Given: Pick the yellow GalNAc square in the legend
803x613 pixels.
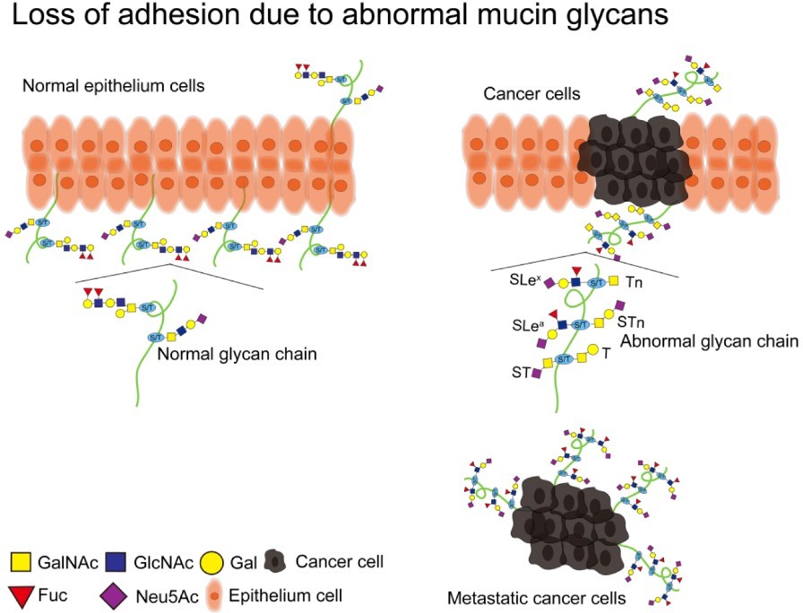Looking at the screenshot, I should pyautogui.click(x=20, y=563).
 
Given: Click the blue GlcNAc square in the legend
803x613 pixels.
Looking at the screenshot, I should pyautogui.click(x=114, y=563).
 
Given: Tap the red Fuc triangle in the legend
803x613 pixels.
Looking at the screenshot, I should pyautogui.click(x=20, y=593).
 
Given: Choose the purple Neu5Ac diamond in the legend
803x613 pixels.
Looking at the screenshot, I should pyautogui.click(x=114, y=593).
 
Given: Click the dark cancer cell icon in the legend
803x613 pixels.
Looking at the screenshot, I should pyautogui.click(x=276, y=563).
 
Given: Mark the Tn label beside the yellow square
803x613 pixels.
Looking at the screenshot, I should pyautogui.click(x=634, y=282).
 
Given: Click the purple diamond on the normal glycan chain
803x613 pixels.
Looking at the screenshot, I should pyautogui.click(x=202, y=317).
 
